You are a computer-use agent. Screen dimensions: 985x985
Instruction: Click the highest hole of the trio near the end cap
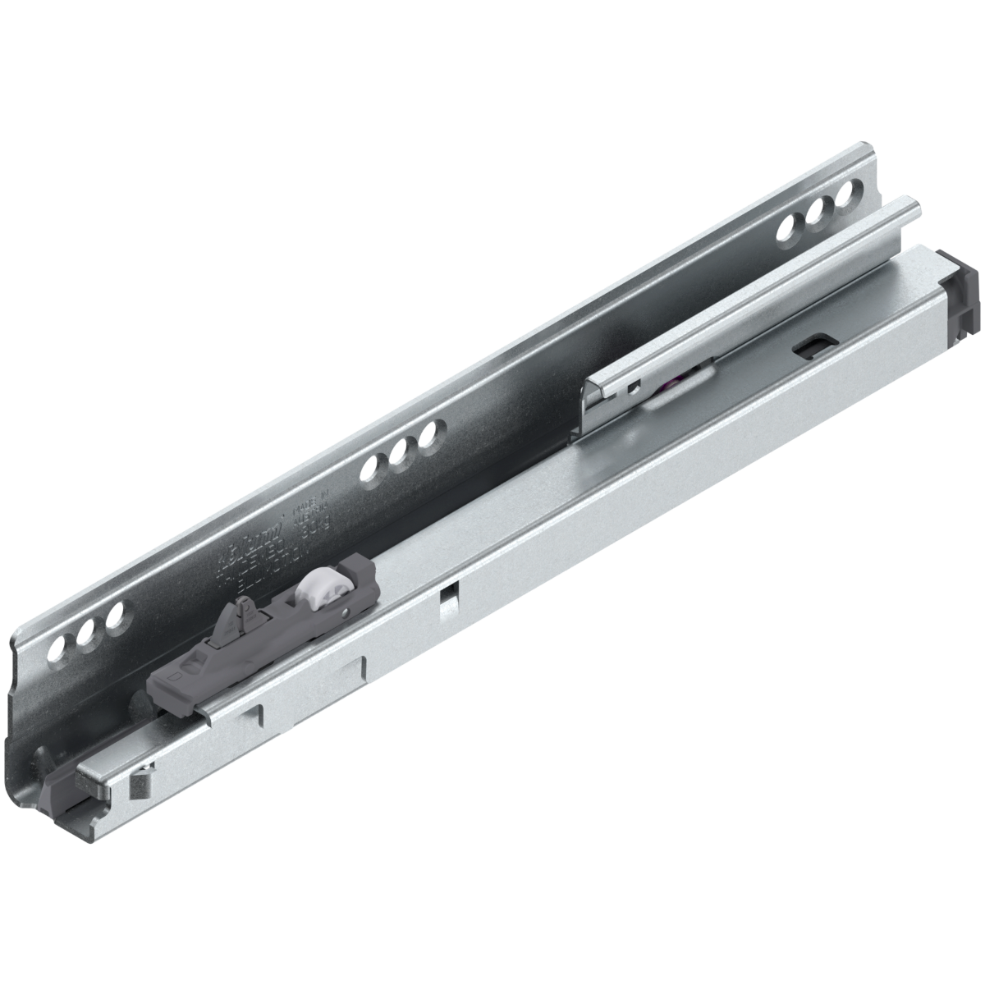[842, 199]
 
